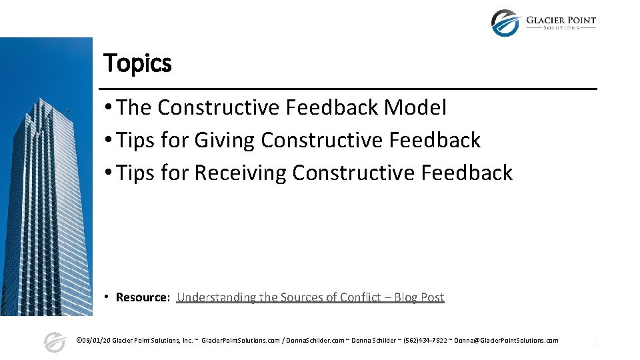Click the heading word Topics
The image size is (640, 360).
coord(137,63)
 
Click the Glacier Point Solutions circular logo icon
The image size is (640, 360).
coord(505,23)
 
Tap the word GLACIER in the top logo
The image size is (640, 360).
coord(546,20)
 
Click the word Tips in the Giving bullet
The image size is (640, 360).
coord(134,140)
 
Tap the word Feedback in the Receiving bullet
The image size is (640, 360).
coord(467,173)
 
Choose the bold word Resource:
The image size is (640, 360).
coord(143,297)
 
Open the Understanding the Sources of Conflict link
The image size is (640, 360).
coord(280,297)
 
